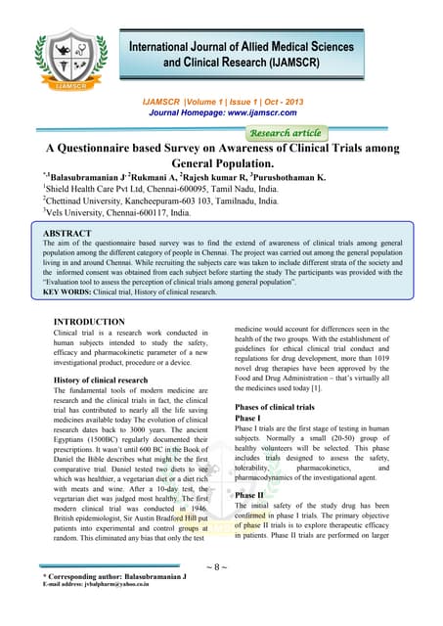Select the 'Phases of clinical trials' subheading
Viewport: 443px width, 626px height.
pos(281,406)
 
